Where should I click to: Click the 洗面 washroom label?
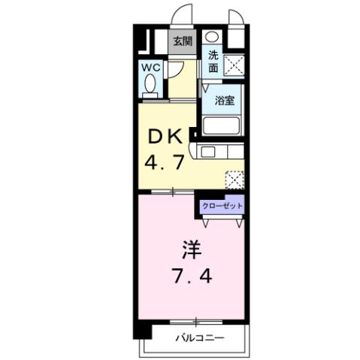pyautogui.click(x=213, y=60)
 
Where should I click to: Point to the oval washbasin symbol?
pyautogui.click(x=213, y=37)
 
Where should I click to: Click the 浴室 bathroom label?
pyautogui.click(x=224, y=99)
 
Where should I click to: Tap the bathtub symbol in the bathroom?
pyautogui.click(x=221, y=126)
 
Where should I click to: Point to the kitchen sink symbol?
pyautogui.click(x=208, y=153)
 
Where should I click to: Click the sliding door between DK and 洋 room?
pyautogui.click(x=171, y=192)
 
